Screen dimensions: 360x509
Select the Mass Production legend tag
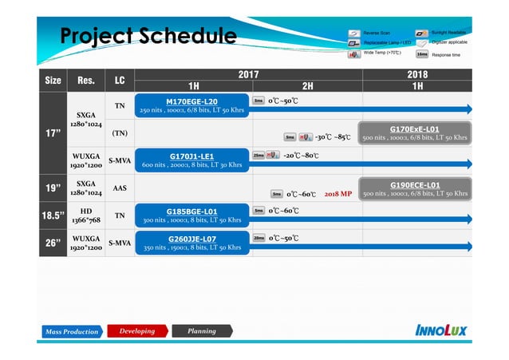[72, 331]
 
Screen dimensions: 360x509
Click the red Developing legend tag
[136, 331]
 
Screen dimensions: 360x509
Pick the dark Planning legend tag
[201, 331]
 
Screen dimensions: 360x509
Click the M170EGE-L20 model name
[191, 101]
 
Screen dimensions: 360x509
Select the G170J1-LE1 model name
[191, 156]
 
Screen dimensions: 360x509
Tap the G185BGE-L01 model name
[191, 212]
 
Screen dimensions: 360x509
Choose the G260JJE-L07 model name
[191, 239]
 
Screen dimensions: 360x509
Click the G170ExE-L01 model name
[414, 129]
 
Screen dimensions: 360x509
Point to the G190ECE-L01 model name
[414, 185]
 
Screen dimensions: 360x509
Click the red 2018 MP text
[338, 194]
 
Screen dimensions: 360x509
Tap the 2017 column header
[248, 74]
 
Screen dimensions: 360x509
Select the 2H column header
[307, 86]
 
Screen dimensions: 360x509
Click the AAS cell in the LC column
[119, 188]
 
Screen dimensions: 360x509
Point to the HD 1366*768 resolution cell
[86, 216]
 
